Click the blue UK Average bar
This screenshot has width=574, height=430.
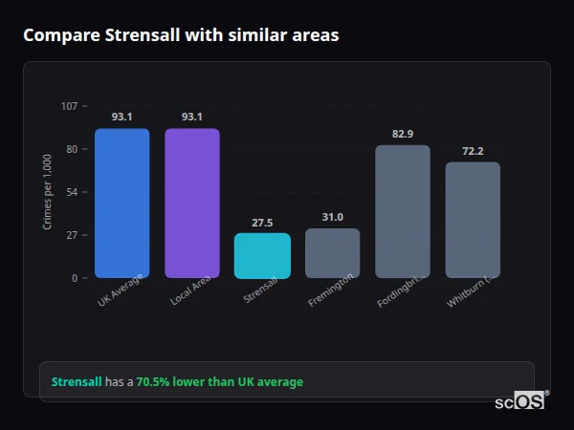pyautogui.click(x=121, y=204)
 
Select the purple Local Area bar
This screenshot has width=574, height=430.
pyautogui.click(x=191, y=204)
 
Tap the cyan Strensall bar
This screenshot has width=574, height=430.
pyautogui.click(x=262, y=256)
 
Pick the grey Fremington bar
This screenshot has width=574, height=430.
pyautogui.click(x=332, y=253)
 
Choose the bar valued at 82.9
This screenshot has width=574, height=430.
pyautogui.click(x=403, y=212)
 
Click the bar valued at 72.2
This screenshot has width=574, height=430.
pyautogui.click(x=473, y=221)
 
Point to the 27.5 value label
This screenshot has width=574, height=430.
pyautogui.click(x=262, y=223)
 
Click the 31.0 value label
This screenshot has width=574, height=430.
pyautogui.click(x=332, y=218)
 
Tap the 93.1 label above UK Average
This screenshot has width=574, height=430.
pyautogui.click(x=121, y=117)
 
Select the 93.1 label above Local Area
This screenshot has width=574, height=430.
pyautogui.click(x=191, y=117)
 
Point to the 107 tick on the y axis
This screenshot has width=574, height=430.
pyautogui.click(x=69, y=106)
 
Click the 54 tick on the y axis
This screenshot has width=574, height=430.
pyautogui.click(x=71, y=192)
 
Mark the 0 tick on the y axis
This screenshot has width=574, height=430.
pyautogui.click(x=74, y=278)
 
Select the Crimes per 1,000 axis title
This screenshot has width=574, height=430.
pyautogui.click(x=47, y=192)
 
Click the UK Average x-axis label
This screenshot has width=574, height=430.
pyautogui.click(x=120, y=291)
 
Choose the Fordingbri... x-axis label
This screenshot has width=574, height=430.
pyautogui.click(x=401, y=292)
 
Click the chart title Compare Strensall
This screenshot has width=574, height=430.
pyautogui.click(x=181, y=35)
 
